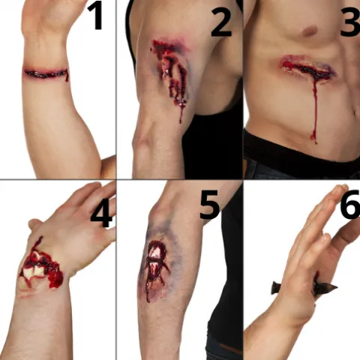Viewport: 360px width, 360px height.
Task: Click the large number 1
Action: pos(96,16)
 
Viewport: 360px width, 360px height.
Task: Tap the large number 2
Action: pos(221,22)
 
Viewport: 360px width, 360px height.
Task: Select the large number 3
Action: pos(350,22)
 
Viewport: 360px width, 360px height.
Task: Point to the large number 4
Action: pos(101,213)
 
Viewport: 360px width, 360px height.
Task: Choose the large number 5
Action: pos(209,205)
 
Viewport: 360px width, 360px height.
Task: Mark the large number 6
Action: pos(350,204)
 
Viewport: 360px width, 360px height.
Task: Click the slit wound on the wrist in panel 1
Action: pos(46,73)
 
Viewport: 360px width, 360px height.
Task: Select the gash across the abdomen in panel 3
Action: pos(309,67)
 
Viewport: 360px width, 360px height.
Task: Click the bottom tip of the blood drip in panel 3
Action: pos(316,142)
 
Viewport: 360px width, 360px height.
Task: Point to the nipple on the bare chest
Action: pos(310,31)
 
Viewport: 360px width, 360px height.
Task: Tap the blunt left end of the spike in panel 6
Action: pos(272,287)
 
